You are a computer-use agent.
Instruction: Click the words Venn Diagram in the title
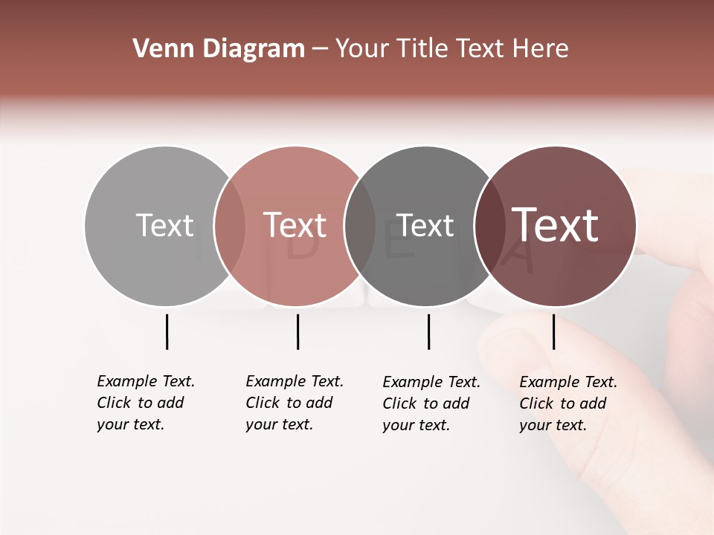(x=219, y=49)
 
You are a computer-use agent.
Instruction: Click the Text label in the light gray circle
(x=164, y=225)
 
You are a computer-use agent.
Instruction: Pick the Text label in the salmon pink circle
(x=295, y=225)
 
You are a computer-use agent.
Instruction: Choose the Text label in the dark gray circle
(x=425, y=225)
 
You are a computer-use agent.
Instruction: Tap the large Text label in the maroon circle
(x=556, y=225)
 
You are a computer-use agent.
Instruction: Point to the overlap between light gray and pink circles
(x=230, y=226)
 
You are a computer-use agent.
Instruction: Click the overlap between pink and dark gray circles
(x=360, y=226)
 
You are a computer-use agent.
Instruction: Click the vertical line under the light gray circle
(x=167, y=331)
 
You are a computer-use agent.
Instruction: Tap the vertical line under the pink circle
(x=297, y=331)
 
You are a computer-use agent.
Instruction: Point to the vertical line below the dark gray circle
(x=428, y=331)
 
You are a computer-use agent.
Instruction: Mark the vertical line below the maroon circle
(x=553, y=331)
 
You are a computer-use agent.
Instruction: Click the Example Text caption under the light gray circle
(x=146, y=403)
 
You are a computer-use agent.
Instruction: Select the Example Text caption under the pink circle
(x=295, y=403)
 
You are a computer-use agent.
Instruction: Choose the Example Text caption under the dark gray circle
(x=431, y=403)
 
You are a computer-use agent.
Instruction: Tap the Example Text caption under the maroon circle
(x=568, y=403)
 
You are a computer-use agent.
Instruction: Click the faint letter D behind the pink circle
(x=301, y=249)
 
